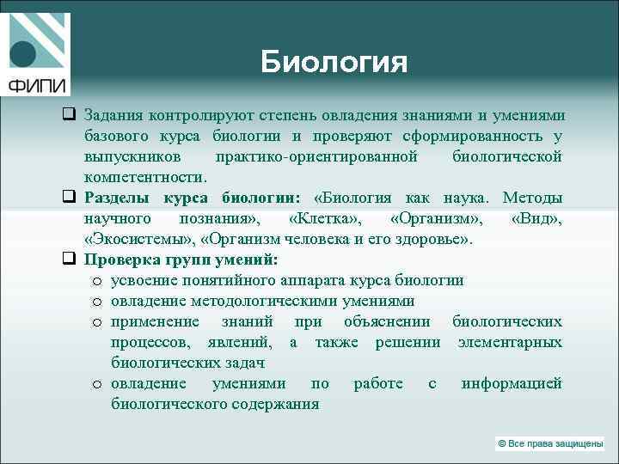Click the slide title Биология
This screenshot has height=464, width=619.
(334, 62)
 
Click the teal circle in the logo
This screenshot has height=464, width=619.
(23, 54)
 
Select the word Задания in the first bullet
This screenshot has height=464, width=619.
(113, 114)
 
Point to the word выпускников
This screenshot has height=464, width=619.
(132, 156)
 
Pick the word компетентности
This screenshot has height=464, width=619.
(144, 177)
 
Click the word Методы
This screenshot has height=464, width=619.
(532, 198)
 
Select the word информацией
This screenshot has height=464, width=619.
(511, 383)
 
